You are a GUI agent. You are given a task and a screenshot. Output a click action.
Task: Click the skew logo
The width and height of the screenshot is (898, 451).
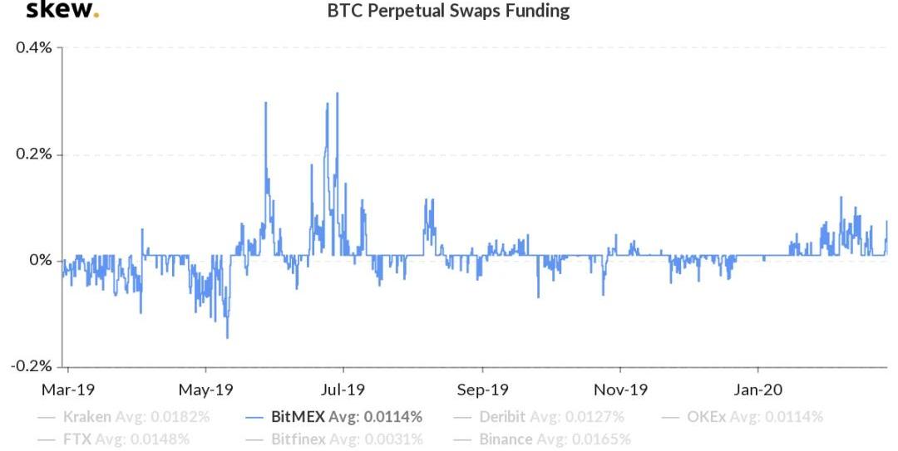(62, 11)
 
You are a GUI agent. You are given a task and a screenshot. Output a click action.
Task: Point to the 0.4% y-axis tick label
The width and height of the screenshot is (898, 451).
(34, 47)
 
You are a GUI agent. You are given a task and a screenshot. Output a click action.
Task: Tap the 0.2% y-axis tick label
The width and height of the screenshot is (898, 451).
(34, 154)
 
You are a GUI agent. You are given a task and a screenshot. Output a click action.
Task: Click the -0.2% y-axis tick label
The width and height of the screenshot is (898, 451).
(32, 366)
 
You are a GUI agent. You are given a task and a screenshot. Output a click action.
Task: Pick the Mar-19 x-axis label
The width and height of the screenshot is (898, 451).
(69, 389)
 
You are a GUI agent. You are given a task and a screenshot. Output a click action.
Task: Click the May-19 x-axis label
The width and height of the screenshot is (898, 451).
(206, 389)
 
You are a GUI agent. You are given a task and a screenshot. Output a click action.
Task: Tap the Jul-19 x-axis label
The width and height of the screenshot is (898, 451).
(343, 389)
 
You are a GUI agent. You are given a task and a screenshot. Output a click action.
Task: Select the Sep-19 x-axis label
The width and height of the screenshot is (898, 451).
(482, 389)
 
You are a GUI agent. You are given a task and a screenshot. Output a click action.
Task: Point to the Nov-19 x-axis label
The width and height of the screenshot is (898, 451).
(620, 389)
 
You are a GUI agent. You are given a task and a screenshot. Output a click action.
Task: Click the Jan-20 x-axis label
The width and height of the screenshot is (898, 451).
(758, 389)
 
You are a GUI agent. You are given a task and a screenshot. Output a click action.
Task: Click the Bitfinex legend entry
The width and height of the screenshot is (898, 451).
(347, 439)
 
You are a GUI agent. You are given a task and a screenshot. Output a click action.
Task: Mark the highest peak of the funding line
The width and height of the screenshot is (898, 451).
(338, 93)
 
